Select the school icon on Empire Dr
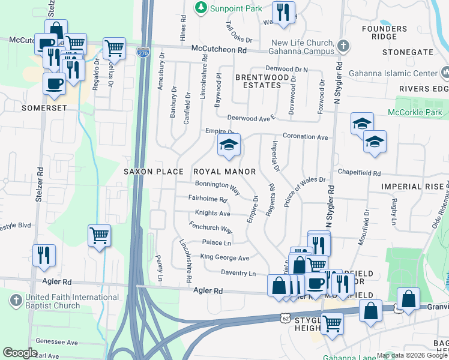(228, 145)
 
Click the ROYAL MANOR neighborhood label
(224, 172)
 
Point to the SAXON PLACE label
(154, 172)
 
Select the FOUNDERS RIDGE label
(385, 32)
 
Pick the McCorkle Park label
(415, 112)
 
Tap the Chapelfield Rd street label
(359, 173)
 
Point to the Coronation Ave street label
(306, 137)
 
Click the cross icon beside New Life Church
(343, 46)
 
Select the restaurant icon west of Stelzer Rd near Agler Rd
(44, 254)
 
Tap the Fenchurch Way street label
(210, 229)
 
